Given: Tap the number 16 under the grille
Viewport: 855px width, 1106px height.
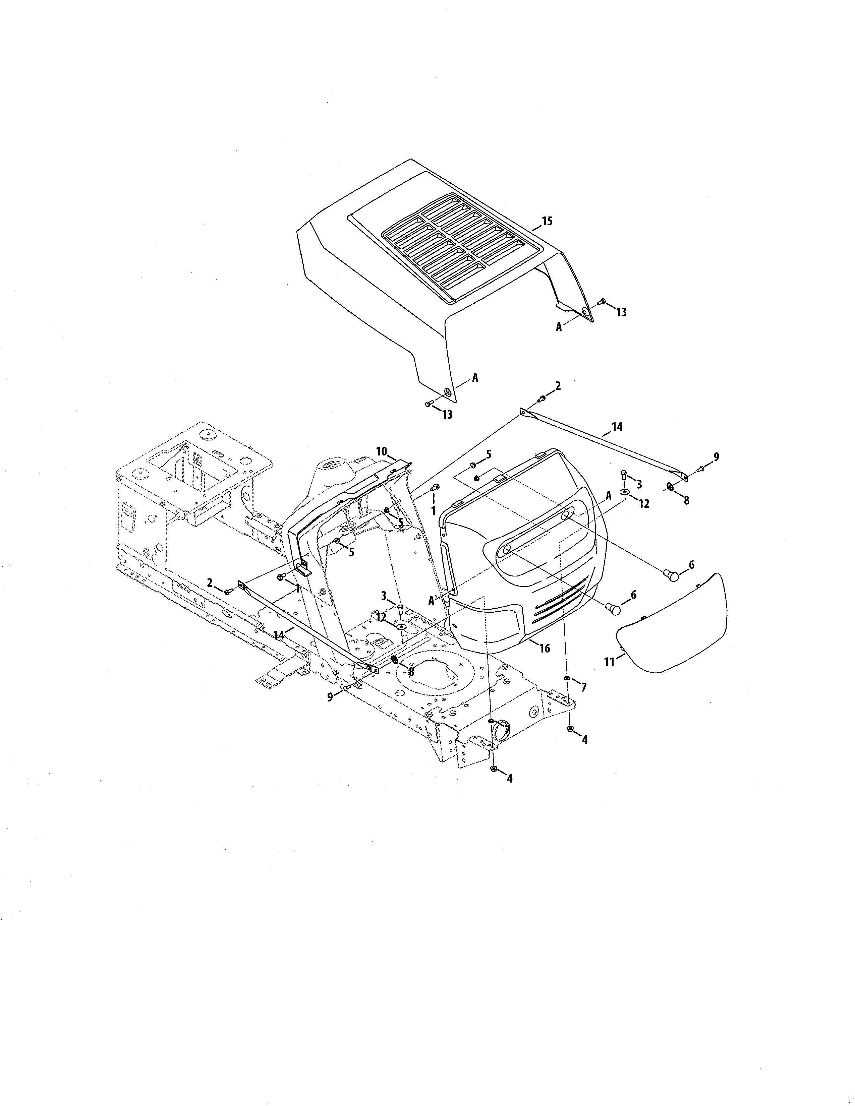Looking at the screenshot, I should point(545,648).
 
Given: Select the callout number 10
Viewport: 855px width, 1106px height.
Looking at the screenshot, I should point(382,451).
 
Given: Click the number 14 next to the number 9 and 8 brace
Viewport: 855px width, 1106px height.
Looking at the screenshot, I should point(616,427).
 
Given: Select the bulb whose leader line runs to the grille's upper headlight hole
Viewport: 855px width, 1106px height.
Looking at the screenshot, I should point(671,575).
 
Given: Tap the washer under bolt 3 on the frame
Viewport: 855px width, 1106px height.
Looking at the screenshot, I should point(401,627).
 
